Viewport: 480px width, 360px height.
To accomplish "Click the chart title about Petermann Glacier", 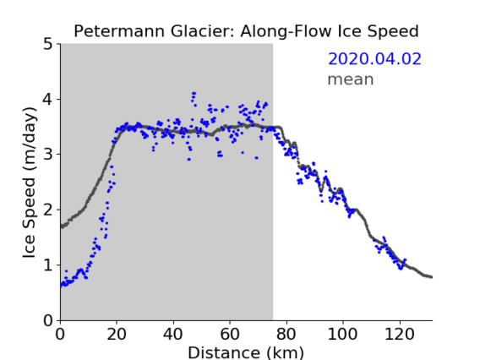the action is (246, 31).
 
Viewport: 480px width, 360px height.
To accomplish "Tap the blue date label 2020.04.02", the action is (374, 59).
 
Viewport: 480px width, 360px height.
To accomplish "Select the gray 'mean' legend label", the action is (351, 79).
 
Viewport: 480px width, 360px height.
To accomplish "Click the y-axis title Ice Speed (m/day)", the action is (30, 183).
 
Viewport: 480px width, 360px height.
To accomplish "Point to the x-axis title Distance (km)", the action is (246, 352).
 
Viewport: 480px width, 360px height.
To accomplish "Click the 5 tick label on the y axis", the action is (48, 45).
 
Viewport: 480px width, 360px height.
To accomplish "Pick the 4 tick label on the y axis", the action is (48, 100).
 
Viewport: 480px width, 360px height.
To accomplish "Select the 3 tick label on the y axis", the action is (48, 155).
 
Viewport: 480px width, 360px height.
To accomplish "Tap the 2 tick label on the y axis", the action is (48, 210).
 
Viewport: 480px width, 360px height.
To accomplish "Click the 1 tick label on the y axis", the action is (48, 265).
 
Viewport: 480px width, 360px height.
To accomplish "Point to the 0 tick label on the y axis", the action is (48, 320).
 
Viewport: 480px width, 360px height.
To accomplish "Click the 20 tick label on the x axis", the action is (117, 334).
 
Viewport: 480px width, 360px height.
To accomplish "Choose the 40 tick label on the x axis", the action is (173, 334).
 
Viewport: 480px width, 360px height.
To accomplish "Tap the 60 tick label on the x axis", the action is (230, 334).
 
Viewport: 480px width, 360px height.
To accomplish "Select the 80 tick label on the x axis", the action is (286, 334).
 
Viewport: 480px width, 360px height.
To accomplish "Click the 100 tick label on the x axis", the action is (342, 334).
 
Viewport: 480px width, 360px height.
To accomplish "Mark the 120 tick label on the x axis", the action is (399, 334).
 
